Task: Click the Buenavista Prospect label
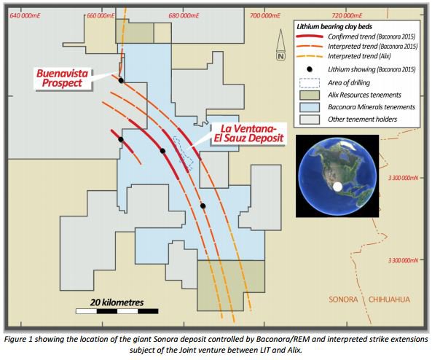click(62, 78)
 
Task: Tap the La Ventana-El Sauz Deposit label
click(249, 133)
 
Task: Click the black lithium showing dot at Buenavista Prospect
click(121, 80)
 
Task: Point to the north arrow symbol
click(280, 44)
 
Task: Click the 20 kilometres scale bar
click(117, 311)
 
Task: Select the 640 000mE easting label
click(25, 15)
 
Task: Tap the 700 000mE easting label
click(264, 15)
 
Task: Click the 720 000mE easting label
click(347, 15)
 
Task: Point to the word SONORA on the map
click(343, 300)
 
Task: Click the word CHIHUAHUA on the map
click(389, 300)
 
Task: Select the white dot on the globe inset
click(337, 187)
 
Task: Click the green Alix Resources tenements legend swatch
click(310, 95)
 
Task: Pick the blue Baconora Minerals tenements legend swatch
click(310, 107)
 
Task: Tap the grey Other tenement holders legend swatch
click(310, 120)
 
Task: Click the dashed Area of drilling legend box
click(310, 83)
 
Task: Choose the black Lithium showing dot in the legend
click(310, 69)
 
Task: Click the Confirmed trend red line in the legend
click(310, 36)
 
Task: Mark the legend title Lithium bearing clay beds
click(334, 27)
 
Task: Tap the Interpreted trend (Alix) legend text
click(359, 56)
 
